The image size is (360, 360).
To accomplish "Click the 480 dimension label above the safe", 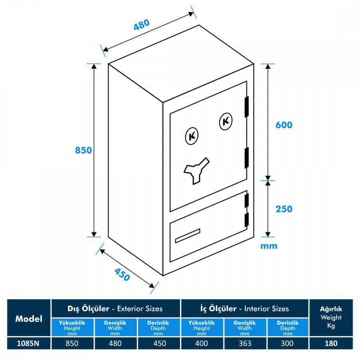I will click(x=142, y=25).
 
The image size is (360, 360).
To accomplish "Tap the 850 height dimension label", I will click(x=84, y=150).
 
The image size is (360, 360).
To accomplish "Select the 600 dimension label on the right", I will click(x=284, y=125).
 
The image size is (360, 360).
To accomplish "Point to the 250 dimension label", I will click(x=284, y=209).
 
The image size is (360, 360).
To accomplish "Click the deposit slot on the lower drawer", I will click(x=187, y=236).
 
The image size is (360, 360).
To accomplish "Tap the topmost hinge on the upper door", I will click(x=247, y=106).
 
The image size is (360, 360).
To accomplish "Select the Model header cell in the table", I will click(x=29, y=319).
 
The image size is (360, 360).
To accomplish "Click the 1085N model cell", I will click(x=29, y=343).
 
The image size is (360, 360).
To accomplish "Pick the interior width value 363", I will click(x=244, y=343).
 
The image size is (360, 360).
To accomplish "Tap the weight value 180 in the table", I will click(x=331, y=343).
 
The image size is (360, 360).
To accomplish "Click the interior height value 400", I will click(x=202, y=343).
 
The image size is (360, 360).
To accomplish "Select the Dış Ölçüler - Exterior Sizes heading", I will click(x=116, y=308).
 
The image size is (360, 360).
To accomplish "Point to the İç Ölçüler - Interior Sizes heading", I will click(x=244, y=308).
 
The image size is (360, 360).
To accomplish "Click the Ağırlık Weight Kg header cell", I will click(x=331, y=317).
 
